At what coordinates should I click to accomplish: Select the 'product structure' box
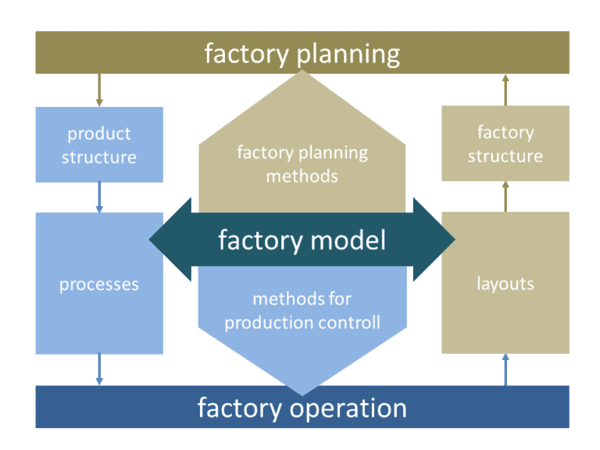point(99,145)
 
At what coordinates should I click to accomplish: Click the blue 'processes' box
point(99,284)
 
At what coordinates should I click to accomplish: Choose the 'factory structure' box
point(505,144)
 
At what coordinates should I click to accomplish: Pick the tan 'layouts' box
point(505,283)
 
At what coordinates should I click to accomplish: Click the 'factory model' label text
point(302,240)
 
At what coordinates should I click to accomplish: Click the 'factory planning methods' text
point(302,164)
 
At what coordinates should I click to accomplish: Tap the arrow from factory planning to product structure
point(98,90)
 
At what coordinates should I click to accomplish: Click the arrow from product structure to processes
point(98,197)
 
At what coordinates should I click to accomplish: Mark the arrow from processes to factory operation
point(98,369)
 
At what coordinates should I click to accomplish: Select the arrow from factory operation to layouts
point(505,369)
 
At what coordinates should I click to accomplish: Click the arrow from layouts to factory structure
point(505,196)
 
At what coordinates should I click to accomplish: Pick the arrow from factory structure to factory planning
point(505,90)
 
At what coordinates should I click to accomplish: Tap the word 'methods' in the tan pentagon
point(302,176)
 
